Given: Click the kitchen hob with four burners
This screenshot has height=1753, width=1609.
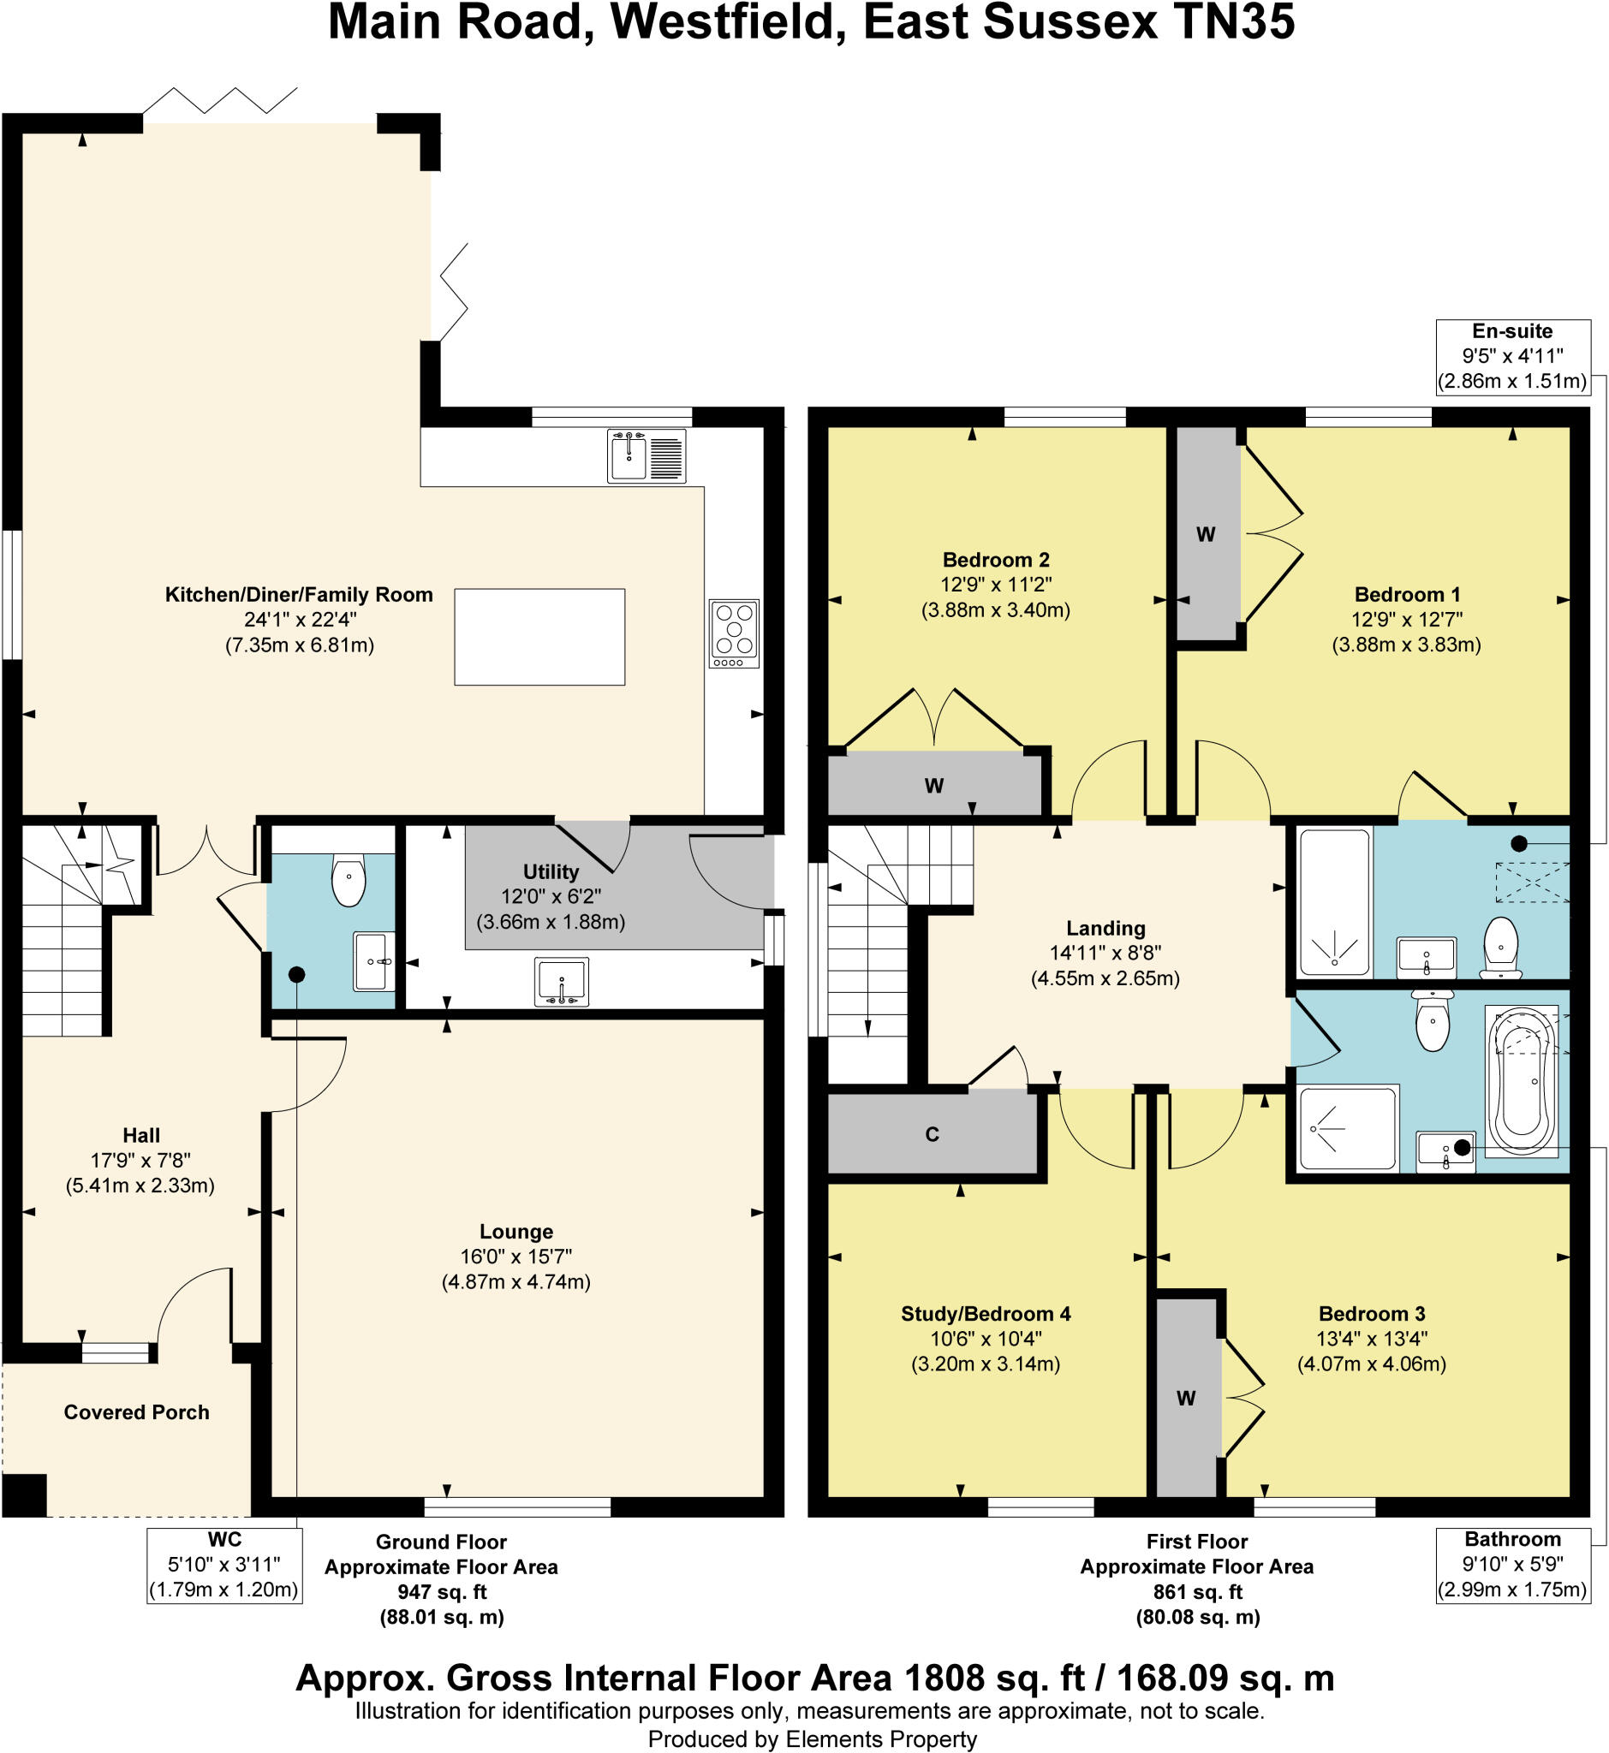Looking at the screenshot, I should (x=733, y=633).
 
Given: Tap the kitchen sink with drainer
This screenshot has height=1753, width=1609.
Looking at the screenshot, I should (x=646, y=456).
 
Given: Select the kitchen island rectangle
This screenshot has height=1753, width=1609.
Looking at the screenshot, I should (x=539, y=636).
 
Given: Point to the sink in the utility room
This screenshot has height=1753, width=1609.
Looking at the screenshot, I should (x=562, y=981).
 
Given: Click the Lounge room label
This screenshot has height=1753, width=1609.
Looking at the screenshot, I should (x=516, y=1231).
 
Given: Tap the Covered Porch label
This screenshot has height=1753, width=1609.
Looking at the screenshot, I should (x=137, y=1411).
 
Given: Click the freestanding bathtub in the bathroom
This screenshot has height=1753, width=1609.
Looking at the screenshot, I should (x=1522, y=1082).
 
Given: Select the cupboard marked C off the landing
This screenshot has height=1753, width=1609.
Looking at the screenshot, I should (x=932, y=1134).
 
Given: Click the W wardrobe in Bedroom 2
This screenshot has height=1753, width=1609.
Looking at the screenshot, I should (x=934, y=785).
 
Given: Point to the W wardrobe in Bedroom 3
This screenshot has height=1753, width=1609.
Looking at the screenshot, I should (x=1186, y=1398).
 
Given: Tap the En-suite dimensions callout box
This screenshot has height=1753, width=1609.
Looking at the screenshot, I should (x=1512, y=356).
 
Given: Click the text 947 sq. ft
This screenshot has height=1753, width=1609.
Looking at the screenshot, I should (x=442, y=1592).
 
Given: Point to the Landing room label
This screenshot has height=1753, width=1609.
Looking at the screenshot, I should (x=1105, y=928).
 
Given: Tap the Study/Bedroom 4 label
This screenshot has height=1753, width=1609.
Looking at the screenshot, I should (x=986, y=1313).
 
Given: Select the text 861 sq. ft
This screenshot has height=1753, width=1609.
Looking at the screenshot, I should (x=1197, y=1592).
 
